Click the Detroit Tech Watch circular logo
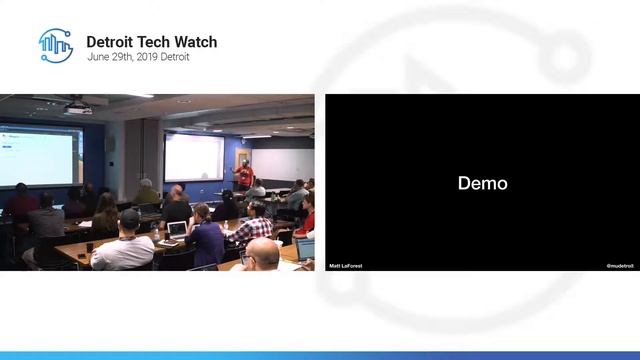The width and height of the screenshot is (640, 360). pyautogui.click(x=56, y=46)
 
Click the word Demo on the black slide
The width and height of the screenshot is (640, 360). pyautogui.click(x=482, y=183)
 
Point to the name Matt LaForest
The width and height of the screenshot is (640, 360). pyautogui.click(x=345, y=266)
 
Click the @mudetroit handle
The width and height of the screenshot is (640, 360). pyautogui.click(x=621, y=266)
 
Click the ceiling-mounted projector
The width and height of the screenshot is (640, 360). pyautogui.click(x=78, y=107)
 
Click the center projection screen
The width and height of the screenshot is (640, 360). pyautogui.click(x=194, y=157)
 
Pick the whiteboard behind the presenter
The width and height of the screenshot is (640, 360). pyautogui.click(x=282, y=164)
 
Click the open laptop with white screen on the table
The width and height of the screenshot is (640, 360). pyautogui.click(x=177, y=229)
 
